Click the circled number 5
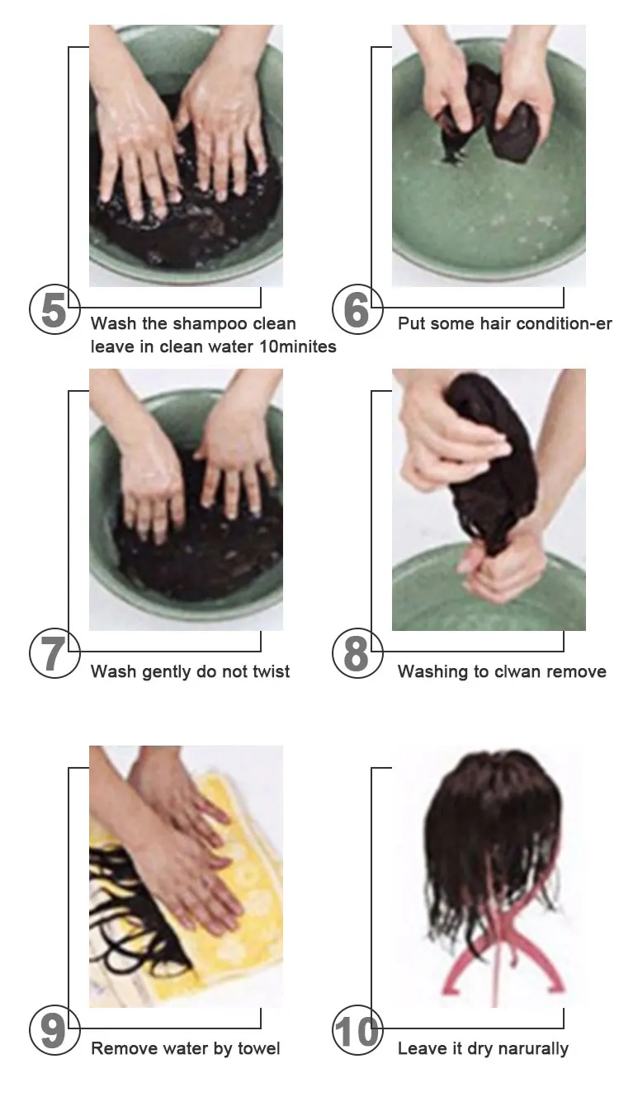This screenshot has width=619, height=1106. [54, 309]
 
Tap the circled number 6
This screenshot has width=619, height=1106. [357, 309]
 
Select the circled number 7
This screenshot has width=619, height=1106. [54, 653]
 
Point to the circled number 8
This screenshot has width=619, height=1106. [357, 653]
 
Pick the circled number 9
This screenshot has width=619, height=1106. [54, 1030]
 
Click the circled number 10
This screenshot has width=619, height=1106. [357, 1030]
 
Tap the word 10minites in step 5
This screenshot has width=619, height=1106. [297, 346]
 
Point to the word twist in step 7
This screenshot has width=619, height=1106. [272, 671]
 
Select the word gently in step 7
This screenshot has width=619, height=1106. [167, 672]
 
